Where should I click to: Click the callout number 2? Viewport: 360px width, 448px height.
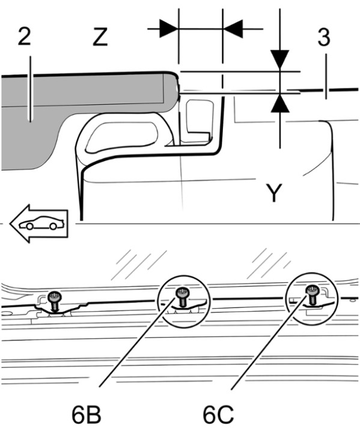[x=24, y=36]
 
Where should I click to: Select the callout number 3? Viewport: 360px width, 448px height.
[x=324, y=37]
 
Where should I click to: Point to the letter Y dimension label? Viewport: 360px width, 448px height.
[x=274, y=193]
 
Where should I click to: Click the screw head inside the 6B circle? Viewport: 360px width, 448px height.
[x=182, y=292]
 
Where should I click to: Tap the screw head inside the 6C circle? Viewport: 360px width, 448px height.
[x=311, y=290]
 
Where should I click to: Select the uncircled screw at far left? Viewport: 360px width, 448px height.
[x=54, y=301]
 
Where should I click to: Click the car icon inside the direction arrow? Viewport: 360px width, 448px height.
[x=41, y=223]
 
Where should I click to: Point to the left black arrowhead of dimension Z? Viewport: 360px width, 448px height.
[x=169, y=29]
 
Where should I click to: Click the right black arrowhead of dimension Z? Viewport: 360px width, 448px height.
[x=233, y=29]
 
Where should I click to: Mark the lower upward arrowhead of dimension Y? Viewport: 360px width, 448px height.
[x=280, y=103]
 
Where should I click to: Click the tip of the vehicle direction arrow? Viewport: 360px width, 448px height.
[x=10, y=224]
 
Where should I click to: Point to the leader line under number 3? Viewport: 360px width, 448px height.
[x=326, y=76]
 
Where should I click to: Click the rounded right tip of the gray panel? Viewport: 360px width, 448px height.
[x=178, y=88]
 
